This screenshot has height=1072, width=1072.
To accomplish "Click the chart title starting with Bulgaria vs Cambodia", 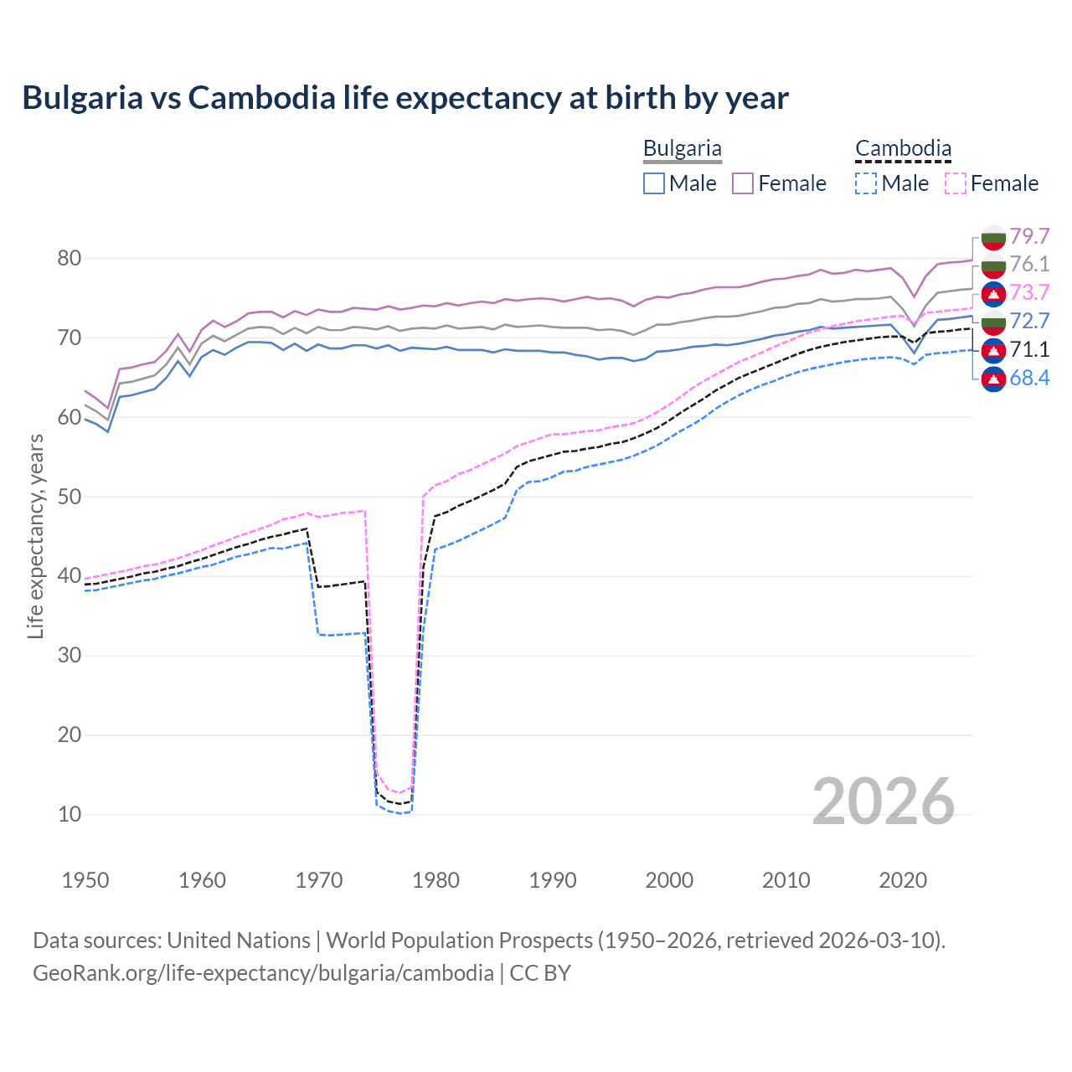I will (x=405, y=98).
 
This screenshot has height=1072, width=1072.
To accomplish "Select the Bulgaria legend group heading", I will (x=682, y=149).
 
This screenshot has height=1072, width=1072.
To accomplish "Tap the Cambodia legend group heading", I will (x=903, y=149).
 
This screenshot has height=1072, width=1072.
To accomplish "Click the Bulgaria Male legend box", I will (x=654, y=183).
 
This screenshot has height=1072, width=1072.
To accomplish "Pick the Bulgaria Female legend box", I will (x=743, y=183).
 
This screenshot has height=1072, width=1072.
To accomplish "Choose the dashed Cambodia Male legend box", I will (x=866, y=183).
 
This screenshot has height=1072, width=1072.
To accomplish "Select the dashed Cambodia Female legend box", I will (x=955, y=183).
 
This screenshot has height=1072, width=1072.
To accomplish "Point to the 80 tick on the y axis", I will (x=70, y=259).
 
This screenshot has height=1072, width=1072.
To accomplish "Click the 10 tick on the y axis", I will (x=70, y=814).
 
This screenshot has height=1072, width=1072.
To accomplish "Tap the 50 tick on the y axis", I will (x=70, y=497).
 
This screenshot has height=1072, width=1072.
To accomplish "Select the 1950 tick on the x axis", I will (x=85, y=880).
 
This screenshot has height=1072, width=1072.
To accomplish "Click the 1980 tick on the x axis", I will (x=435, y=880).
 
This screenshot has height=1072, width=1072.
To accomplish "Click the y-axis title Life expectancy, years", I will (x=35, y=536).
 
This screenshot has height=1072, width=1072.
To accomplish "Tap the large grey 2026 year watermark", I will (x=884, y=801).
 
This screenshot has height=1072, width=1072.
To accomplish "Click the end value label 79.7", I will (x=1029, y=236).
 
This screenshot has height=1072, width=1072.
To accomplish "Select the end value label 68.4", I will (x=1029, y=378).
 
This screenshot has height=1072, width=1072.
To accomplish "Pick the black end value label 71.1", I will (x=1029, y=349).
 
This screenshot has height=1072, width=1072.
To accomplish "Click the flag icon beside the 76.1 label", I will (x=993, y=265).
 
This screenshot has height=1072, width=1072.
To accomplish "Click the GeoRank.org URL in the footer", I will (x=263, y=973).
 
